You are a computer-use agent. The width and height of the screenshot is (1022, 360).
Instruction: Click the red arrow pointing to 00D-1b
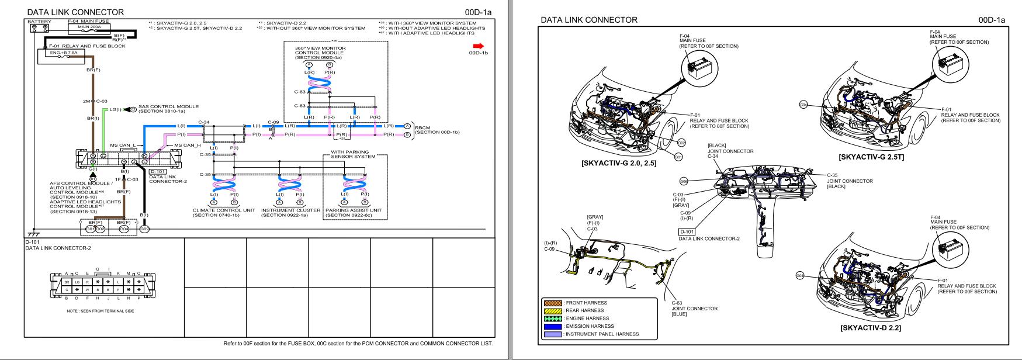479,46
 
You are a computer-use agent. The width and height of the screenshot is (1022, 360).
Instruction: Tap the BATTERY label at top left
39,22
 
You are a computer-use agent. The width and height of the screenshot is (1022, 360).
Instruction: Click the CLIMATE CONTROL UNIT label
224,210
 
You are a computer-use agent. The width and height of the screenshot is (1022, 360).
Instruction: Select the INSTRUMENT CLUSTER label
290,210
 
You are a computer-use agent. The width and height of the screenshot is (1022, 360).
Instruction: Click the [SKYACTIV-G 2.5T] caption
871,157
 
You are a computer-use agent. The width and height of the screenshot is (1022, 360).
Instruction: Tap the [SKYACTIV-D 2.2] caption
871,328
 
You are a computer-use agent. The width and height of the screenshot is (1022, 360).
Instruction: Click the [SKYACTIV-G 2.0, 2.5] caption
619,163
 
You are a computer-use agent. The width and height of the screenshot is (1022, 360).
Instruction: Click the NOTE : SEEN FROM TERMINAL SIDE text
101,311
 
